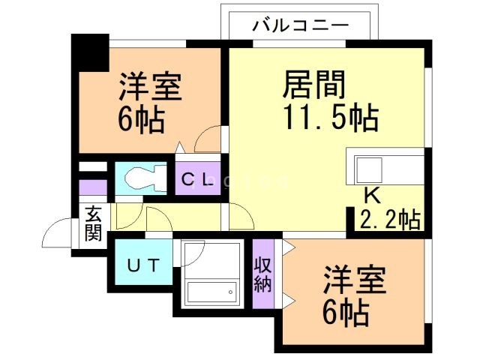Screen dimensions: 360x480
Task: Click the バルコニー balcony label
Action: [299, 25]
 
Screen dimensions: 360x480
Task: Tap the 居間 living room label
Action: [313, 85]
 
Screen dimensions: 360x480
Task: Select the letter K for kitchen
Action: [370, 197]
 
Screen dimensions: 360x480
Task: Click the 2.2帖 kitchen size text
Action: [390, 220]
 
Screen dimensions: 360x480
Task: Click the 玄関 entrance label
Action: [93, 223]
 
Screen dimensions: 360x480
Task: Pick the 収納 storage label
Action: [262, 274]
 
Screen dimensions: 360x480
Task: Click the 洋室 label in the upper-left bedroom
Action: [150, 88]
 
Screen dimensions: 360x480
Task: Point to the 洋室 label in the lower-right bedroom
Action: [354, 280]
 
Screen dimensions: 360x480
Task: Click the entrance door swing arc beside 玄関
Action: [58, 234]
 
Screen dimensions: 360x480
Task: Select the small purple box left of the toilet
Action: [93, 187]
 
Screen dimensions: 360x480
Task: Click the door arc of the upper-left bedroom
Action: [208, 139]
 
